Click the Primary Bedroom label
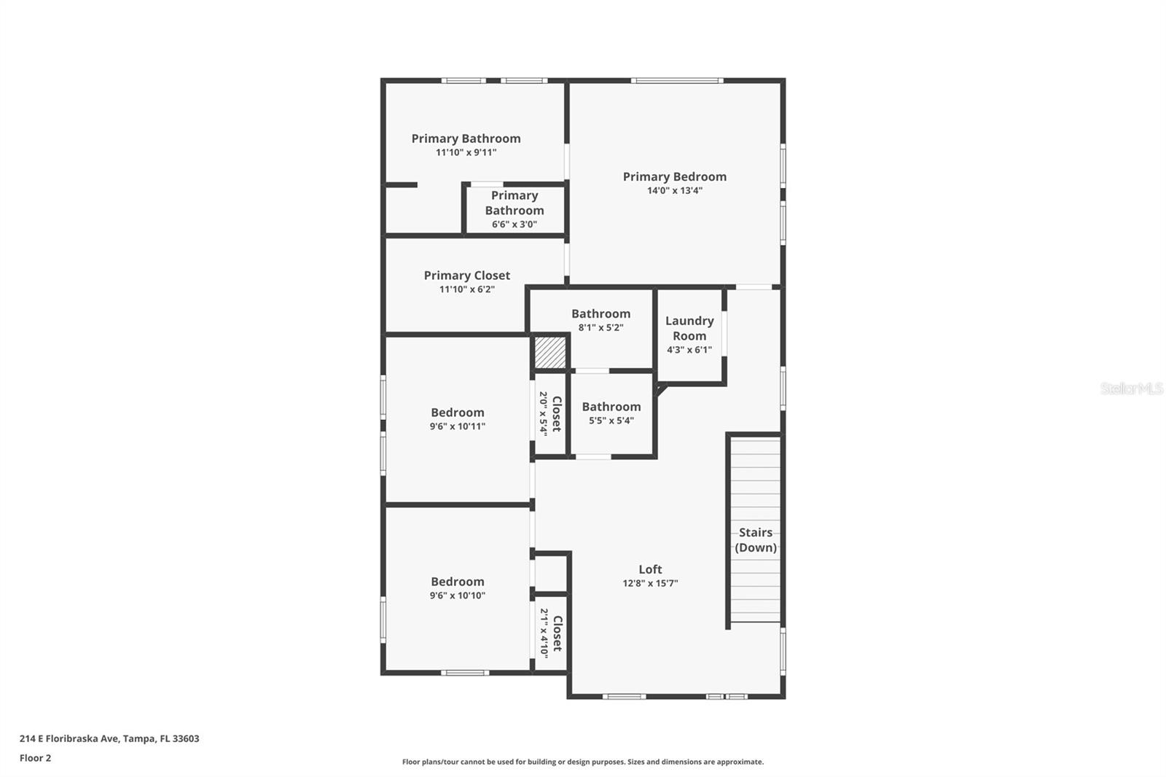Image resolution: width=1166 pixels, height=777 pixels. click(x=674, y=176)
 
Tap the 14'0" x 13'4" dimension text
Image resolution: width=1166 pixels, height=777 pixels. click(x=674, y=191)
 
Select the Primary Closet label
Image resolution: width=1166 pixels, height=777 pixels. click(x=466, y=276)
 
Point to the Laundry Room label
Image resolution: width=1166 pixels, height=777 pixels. click(x=689, y=328)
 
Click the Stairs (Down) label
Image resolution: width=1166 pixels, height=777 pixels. click(x=756, y=540)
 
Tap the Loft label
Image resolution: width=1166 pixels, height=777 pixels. click(x=650, y=569)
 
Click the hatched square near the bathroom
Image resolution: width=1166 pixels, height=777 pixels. click(x=550, y=352)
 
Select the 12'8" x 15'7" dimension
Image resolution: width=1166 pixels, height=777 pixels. click(x=650, y=583)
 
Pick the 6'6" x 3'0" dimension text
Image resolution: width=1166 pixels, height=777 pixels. click(x=514, y=224)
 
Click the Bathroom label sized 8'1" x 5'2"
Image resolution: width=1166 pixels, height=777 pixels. click(x=600, y=314)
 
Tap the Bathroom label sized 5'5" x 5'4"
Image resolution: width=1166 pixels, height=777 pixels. click(x=611, y=407)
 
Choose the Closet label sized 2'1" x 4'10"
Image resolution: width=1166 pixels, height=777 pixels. click(x=557, y=633)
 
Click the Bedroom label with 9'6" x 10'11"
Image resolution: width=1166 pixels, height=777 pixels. click(x=457, y=413)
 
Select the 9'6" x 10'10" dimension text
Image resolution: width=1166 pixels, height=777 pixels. click(x=457, y=596)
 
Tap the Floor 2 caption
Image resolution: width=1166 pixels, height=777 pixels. click(x=35, y=758)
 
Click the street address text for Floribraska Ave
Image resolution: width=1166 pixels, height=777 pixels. click(x=109, y=738)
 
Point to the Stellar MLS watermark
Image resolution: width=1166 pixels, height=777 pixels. click(x=1131, y=388)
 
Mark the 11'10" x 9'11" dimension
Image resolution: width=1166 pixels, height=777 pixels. click(x=466, y=153)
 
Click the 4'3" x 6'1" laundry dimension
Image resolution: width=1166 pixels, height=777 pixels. click(x=689, y=350)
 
